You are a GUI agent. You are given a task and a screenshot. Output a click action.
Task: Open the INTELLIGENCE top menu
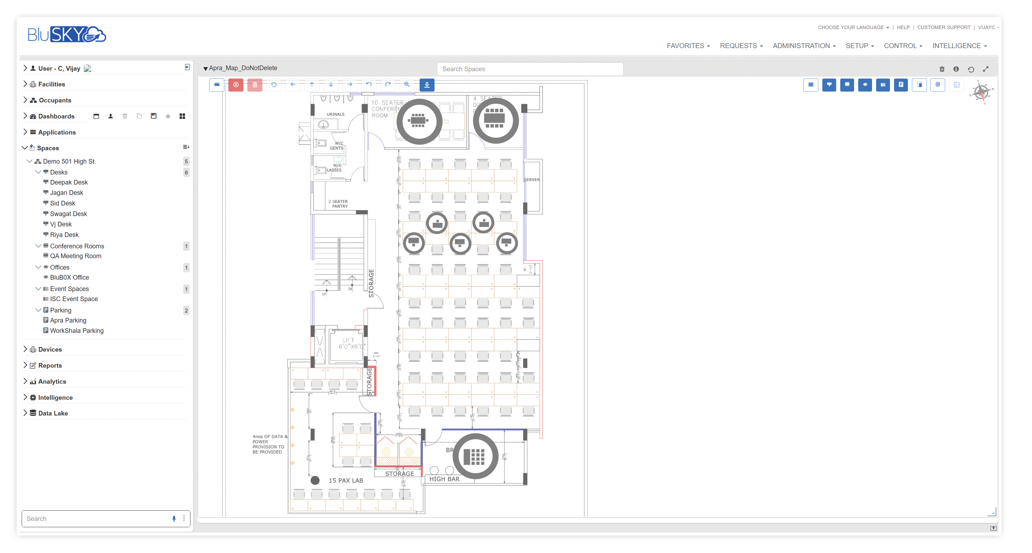point(959,46)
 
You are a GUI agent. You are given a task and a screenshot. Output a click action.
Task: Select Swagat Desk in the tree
point(68,214)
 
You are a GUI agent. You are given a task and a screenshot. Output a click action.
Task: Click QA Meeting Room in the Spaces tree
point(75,256)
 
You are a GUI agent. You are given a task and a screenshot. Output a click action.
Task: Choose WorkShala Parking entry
point(77,331)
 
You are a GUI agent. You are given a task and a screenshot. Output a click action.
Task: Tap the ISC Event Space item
point(74,299)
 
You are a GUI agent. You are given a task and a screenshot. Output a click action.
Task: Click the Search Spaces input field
point(530,69)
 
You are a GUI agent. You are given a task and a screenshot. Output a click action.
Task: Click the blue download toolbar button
point(427,85)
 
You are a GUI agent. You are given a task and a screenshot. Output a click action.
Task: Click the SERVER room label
point(532,180)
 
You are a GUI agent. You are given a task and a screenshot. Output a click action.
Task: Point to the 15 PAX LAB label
point(345,480)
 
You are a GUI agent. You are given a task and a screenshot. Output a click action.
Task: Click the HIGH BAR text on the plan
point(444,479)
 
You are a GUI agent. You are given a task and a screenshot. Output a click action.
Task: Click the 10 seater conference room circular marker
point(419,121)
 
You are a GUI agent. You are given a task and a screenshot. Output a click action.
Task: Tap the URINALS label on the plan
point(335,114)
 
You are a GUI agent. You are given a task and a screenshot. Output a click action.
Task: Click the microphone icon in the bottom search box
point(174,518)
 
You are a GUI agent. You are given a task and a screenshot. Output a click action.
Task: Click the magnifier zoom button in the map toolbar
point(407,85)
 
